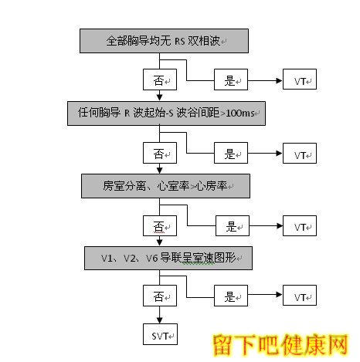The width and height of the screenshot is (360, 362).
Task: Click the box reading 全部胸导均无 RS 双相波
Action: point(164,41)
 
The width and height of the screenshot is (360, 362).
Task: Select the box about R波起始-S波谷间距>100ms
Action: point(166,113)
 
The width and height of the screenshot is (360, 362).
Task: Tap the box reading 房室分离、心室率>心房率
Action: point(165,186)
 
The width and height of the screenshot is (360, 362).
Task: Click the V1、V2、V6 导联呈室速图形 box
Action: point(168,258)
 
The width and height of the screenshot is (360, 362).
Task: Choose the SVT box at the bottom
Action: point(160,334)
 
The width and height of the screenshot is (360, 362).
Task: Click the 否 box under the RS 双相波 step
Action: point(160,80)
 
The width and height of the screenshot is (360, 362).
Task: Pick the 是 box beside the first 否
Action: point(231,80)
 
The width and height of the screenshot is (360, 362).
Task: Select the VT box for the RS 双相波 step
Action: point(300,80)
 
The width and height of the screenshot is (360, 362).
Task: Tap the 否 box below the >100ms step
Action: point(160,153)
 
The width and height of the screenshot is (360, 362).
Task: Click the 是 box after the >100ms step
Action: point(231,153)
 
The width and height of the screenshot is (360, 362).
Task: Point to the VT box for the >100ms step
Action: point(300,153)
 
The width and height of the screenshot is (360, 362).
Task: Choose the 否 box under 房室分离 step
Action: point(160,225)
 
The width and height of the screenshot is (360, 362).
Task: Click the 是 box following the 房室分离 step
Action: point(233,225)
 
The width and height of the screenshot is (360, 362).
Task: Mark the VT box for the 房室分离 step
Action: point(300,225)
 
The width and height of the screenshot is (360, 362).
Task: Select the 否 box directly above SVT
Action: point(160,296)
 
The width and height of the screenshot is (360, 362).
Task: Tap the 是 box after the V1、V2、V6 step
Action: point(231,296)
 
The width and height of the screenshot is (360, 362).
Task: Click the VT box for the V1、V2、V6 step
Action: point(300,296)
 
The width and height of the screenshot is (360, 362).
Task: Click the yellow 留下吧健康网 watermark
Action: point(280,345)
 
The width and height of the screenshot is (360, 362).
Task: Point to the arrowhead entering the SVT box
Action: point(160,320)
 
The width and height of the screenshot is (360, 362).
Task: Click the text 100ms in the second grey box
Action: point(240,113)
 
